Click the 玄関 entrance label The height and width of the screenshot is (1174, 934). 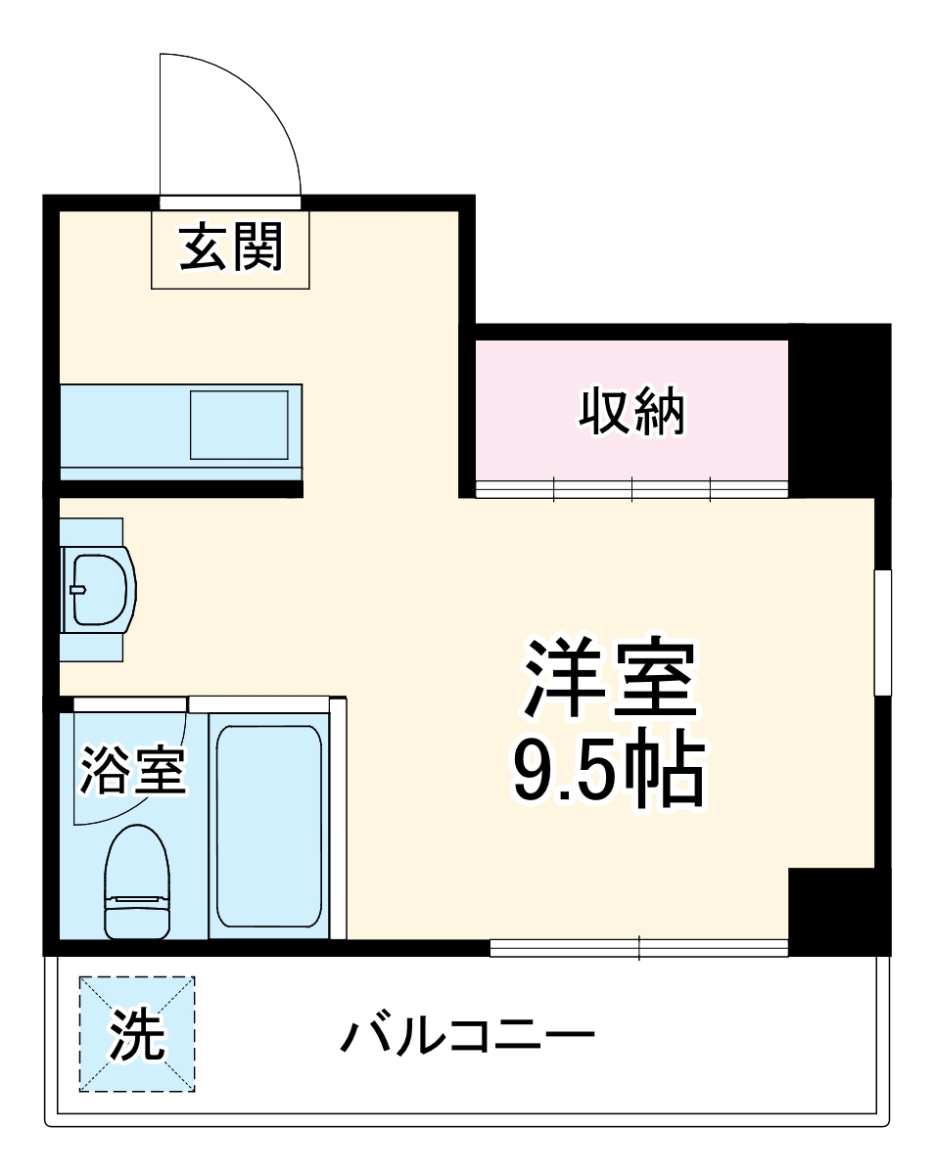231,248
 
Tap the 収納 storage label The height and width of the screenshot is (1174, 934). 631,412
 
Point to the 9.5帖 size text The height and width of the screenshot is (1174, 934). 608,771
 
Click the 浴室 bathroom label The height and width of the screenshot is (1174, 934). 132,769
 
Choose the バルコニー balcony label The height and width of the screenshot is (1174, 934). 467,1035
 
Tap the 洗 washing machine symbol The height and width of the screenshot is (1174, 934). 136,1034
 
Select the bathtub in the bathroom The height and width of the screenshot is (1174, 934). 267,825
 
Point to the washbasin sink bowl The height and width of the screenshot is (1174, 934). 98,589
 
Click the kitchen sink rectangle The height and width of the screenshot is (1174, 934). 239,425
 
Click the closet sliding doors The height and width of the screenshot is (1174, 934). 631,487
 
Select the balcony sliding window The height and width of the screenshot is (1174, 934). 638,946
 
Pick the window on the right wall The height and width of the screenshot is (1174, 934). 882,632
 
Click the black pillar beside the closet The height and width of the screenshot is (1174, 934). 837,411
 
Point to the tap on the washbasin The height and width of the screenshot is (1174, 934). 78,589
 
